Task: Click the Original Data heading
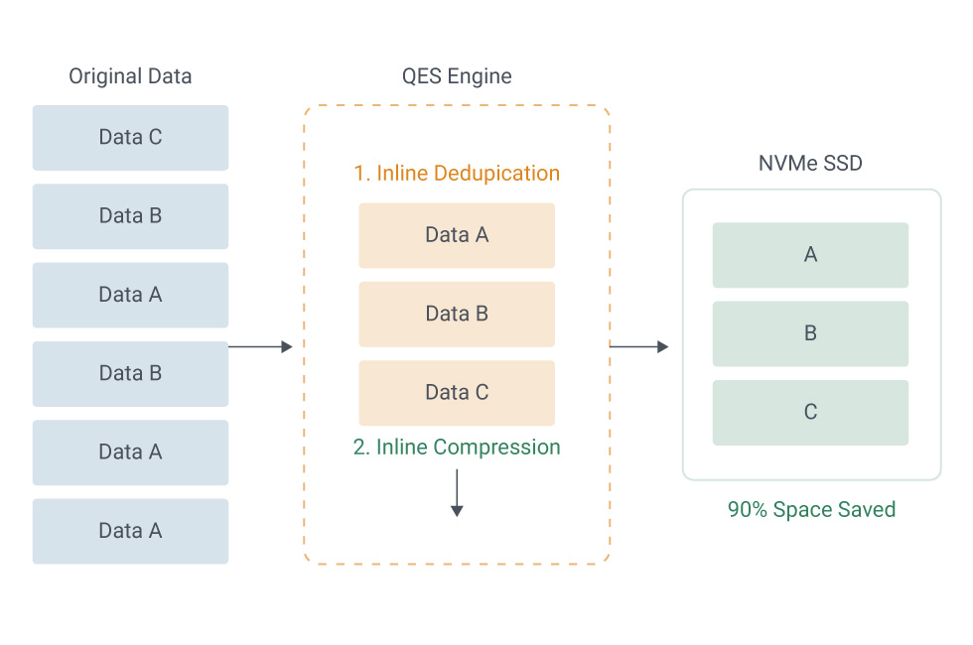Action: click(x=130, y=76)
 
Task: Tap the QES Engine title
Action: click(x=457, y=76)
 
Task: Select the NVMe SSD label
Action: click(x=810, y=163)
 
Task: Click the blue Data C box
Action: click(x=130, y=138)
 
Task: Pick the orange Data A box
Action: click(x=457, y=236)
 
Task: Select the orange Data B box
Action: click(x=457, y=315)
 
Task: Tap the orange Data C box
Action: click(x=457, y=393)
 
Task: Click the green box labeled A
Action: click(x=810, y=255)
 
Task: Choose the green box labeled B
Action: click(x=810, y=333)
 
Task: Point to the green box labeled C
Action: click(x=810, y=413)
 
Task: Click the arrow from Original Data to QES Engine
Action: click(x=260, y=346)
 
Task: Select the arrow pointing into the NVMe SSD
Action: click(x=639, y=346)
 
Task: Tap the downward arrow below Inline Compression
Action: click(x=457, y=493)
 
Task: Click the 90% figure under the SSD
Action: click(x=748, y=510)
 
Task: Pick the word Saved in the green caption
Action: click(x=866, y=510)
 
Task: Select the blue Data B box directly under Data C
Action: click(x=130, y=216)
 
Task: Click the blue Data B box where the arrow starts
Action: click(x=130, y=374)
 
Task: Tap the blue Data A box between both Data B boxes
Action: click(x=130, y=296)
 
